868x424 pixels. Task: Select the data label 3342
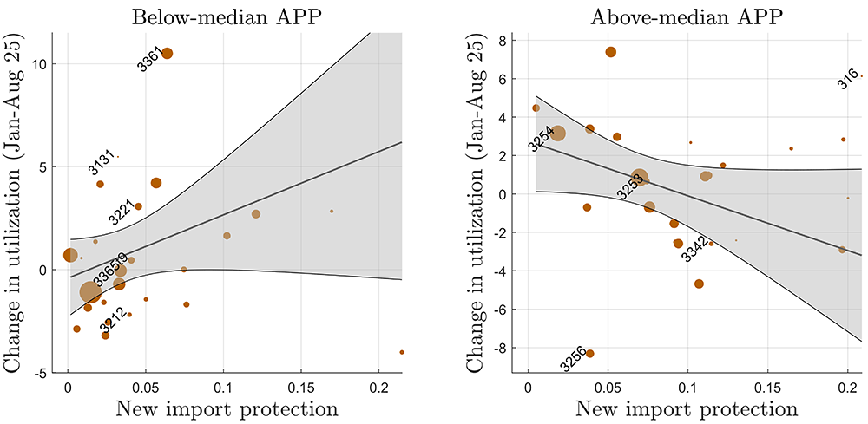click(694, 251)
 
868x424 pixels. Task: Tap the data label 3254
click(541, 140)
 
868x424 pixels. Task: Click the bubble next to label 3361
click(167, 53)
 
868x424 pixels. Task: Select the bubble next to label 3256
click(590, 354)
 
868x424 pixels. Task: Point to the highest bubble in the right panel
click(611, 52)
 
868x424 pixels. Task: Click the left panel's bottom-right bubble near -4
click(402, 352)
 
